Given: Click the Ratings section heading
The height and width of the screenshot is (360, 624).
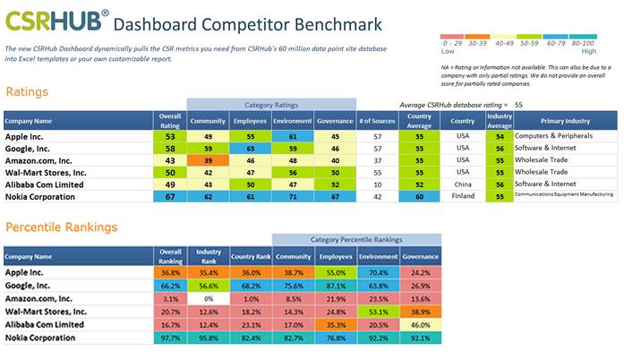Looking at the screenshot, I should coord(27,91).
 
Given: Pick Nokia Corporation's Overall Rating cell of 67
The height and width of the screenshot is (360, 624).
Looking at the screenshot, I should coord(169,194).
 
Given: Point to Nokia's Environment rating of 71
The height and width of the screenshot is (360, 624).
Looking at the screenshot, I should coord(292,194).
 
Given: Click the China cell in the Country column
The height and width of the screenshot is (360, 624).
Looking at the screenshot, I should coord(463,183).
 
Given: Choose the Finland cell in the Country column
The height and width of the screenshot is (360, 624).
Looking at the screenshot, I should coord(463,194).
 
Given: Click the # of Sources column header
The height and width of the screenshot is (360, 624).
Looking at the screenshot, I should coord(376,121).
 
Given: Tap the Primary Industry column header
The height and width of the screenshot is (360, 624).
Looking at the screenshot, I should coord(565,121).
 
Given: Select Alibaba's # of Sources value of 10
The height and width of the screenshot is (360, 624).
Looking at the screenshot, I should coord(376,183).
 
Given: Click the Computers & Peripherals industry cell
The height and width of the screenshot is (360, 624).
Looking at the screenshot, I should coord(565,136).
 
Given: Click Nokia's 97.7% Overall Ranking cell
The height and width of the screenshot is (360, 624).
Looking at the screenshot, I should coord(169,338).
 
